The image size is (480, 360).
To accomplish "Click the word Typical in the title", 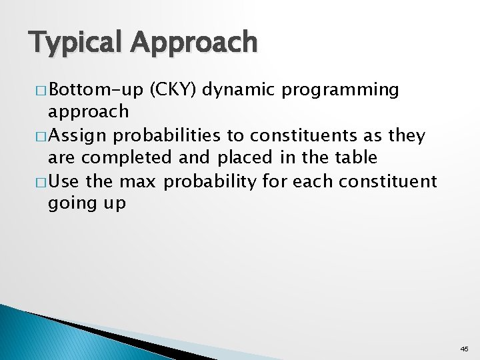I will tap(76, 43).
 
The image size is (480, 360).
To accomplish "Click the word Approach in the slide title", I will tap(194, 43).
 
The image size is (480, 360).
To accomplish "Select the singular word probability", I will tap(209, 181).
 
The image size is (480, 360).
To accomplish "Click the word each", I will tap(309, 181).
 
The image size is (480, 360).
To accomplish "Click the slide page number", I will tap(464, 349).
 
